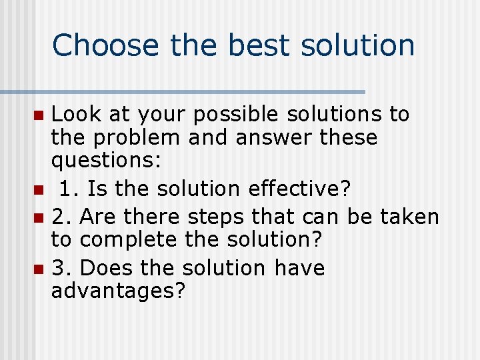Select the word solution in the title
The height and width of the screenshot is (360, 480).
[x=358, y=45]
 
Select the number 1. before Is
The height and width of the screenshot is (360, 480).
[x=67, y=189]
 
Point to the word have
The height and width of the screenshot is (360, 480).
[x=299, y=268]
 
